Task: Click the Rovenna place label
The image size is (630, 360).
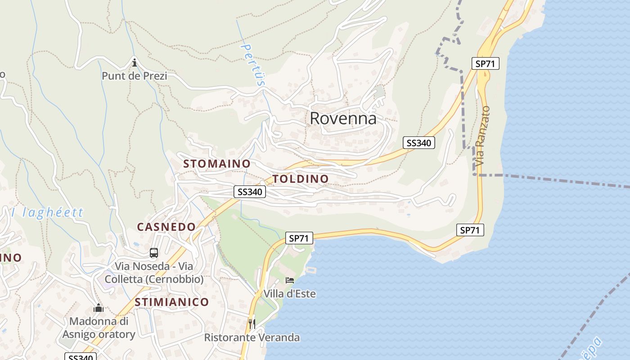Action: pyautogui.click(x=343, y=118)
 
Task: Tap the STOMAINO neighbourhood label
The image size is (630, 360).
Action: pyautogui.click(x=216, y=164)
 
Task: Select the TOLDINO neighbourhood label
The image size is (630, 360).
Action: pyautogui.click(x=301, y=179)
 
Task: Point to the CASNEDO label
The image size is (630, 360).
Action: pyautogui.click(x=166, y=227)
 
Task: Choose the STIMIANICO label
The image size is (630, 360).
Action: pyautogui.click(x=172, y=301)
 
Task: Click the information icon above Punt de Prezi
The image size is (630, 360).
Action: pyautogui.click(x=134, y=63)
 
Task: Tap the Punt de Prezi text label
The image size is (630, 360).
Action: pyautogui.click(x=134, y=76)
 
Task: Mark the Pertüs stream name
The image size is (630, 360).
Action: pyautogui.click(x=253, y=64)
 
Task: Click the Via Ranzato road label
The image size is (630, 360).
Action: pyautogui.click(x=482, y=135)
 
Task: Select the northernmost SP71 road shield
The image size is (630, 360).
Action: pyautogui.click(x=485, y=63)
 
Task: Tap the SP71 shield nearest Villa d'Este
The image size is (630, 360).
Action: pyautogui.click(x=299, y=238)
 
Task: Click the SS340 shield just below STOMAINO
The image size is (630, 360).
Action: pyautogui.click(x=250, y=192)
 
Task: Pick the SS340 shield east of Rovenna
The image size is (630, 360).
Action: pyautogui.click(x=418, y=143)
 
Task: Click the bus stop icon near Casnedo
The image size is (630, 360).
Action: pyautogui.click(x=154, y=253)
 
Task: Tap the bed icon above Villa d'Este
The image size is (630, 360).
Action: pyautogui.click(x=290, y=280)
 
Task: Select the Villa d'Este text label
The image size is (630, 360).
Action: pyautogui.click(x=290, y=294)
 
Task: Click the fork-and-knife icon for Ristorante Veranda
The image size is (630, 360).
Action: pyautogui.click(x=252, y=323)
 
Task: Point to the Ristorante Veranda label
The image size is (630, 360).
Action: pyautogui.click(x=252, y=337)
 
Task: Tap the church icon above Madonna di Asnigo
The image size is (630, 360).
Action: pyautogui.click(x=99, y=308)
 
